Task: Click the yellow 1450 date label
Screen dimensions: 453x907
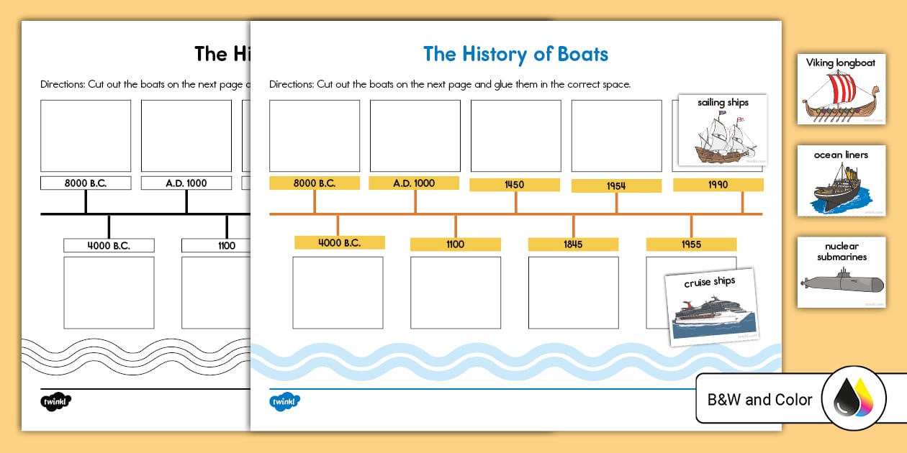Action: point(515,185)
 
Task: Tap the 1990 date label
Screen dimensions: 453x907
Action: point(718,185)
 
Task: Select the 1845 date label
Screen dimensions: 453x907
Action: point(573,244)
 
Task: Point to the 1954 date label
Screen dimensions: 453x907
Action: point(616,186)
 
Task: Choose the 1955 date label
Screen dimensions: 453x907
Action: point(691,244)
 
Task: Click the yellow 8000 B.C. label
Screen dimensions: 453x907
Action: point(314,183)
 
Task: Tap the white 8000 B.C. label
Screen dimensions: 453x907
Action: point(86,183)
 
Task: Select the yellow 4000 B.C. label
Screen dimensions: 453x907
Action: point(339,243)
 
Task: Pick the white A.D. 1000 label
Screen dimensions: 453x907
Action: point(186,183)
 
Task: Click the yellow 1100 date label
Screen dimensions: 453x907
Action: point(455,244)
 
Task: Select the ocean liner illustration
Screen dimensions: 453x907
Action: point(840,189)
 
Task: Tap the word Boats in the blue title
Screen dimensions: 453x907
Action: point(577,54)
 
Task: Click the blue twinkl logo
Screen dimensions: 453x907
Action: point(284,402)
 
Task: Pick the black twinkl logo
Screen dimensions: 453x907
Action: point(55,402)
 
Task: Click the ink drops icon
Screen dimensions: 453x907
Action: point(854,399)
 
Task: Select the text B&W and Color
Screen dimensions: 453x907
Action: point(759,400)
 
